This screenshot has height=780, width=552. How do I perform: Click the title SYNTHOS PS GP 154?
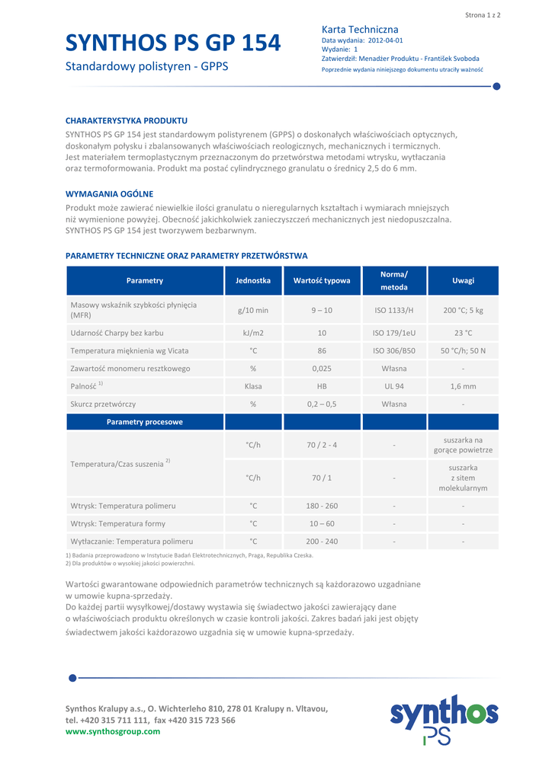pos(173,43)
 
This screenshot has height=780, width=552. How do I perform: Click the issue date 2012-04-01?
pos(385,40)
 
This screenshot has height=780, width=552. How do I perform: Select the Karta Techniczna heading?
pos(360,29)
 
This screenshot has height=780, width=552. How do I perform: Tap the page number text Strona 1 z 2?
pos(483,14)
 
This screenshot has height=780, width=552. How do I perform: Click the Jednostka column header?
pos(253,280)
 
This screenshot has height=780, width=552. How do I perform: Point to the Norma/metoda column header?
pos(394,280)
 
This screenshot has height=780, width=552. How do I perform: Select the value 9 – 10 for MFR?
pos(322,310)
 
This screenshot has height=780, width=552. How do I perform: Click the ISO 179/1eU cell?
pos(394,333)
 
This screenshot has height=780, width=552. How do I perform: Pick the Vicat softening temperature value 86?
pos(322,350)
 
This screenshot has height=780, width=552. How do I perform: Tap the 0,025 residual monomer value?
pos(322,369)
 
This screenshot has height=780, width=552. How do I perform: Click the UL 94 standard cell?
pos(394,386)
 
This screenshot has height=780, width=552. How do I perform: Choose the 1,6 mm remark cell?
pos(463,386)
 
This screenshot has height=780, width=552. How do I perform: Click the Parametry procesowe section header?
pos(145,421)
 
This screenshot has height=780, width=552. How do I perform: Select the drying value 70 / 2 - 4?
pos(322,445)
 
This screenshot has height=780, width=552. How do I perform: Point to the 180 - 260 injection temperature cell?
pos(322,506)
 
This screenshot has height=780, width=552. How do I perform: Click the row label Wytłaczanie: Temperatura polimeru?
pos(131,542)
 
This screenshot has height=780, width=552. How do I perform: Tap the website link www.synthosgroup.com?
pos(113,731)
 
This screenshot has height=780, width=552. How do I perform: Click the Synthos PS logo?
pos(444,718)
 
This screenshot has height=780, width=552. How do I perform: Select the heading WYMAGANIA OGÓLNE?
pos(109,194)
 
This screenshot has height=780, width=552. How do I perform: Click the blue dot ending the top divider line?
pos(496,86)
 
